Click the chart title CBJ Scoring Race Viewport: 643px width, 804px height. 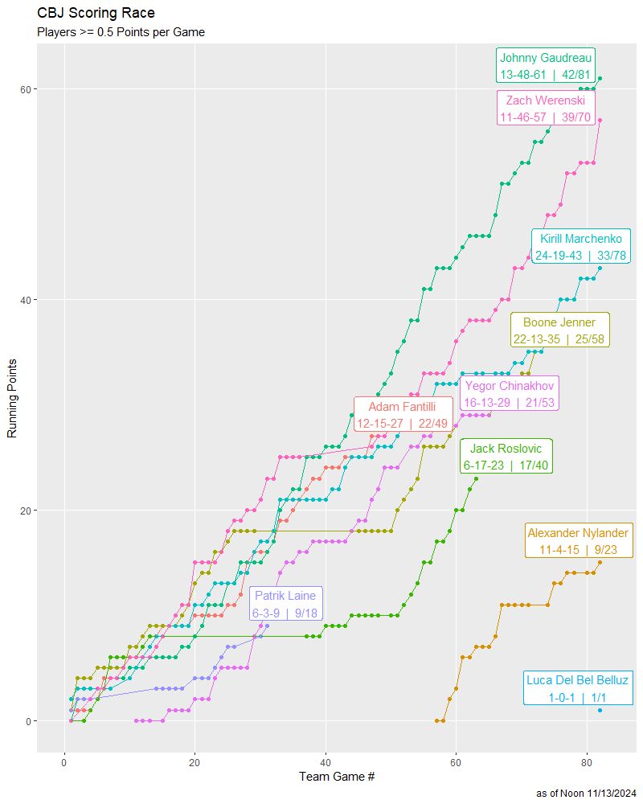pyautogui.click(x=96, y=14)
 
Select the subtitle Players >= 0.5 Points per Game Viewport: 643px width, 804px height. pyautogui.click(x=121, y=33)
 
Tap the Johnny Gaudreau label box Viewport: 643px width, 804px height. pyautogui.click(x=546, y=66)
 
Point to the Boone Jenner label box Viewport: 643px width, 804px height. pyautogui.click(x=559, y=330)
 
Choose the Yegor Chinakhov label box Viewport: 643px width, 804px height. pyautogui.click(x=509, y=393)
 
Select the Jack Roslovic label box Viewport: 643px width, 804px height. pyautogui.click(x=506, y=457)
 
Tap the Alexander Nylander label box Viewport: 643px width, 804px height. pyautogui.click(x=578, y=540)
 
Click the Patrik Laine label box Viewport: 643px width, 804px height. pyautogui.click(x=286, y=604)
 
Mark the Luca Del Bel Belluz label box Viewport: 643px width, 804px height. pyautogui.click(x=578, y=688)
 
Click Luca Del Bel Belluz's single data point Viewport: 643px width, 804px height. pyautogui.click(x=600, y=710)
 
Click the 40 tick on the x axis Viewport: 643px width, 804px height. pyautogui.click(x=326, y=762)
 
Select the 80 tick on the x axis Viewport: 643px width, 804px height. pyautogui.click(x=587, y=762)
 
